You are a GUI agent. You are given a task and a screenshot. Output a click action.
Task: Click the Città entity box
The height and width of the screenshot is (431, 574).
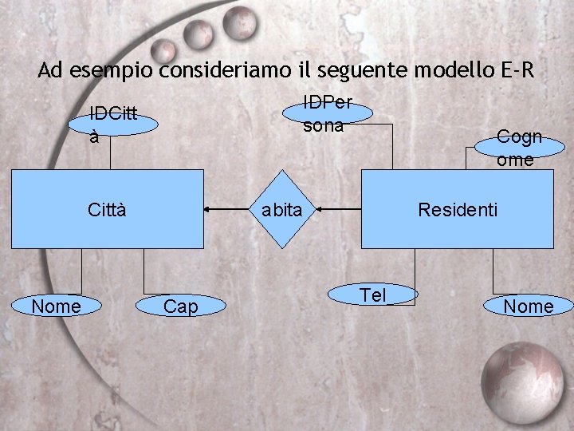pyautogui.click(x=107, y=209)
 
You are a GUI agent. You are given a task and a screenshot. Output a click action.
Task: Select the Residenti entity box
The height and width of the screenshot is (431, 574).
pyautogui.click(x=457, y=209)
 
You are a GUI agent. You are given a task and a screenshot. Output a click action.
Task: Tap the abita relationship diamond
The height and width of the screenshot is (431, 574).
pyautogui.click(x=282, y=209)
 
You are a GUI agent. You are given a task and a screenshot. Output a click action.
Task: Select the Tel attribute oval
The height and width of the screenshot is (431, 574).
pyautogui.click(x=373, y=295)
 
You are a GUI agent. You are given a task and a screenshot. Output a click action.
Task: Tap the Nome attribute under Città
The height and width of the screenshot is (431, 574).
pyautogui.click(x=56, y=306)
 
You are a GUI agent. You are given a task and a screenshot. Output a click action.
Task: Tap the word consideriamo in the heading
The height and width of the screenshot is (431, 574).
pyautogui.click(x=215, y=70)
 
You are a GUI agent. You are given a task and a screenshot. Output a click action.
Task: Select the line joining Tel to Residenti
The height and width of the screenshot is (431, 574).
pyautogui.click(x=415, y=267)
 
